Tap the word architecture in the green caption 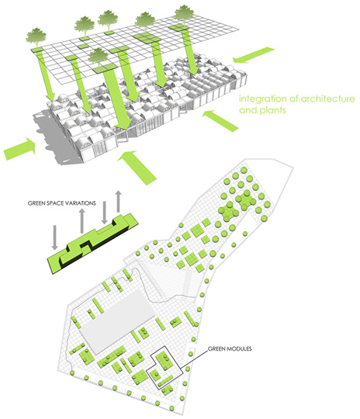327,99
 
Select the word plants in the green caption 272,110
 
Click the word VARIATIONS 79,203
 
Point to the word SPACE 54,203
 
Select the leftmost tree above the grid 36,37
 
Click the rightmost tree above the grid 184,15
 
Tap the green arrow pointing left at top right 254,55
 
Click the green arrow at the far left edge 19,149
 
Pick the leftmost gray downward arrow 55,237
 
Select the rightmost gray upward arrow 119,202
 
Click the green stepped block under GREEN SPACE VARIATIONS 93,243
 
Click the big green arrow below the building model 137,168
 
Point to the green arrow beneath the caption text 220,120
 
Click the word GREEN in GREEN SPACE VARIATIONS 36,203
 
